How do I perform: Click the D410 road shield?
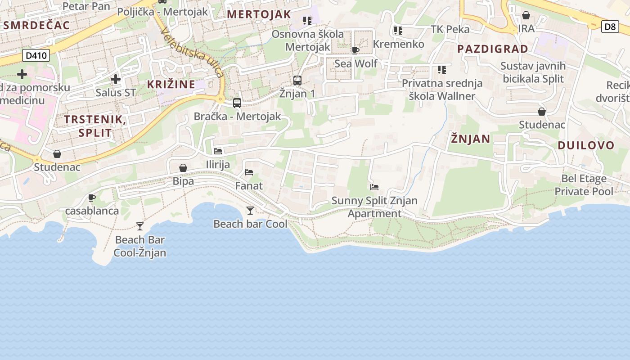click(x=36, y=56)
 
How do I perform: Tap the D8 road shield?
click(x=610, y=27)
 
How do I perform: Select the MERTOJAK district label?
click(x=259, y=14)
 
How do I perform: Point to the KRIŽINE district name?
click(x=171, y=84)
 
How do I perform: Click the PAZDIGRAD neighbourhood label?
click(x=493, y=49)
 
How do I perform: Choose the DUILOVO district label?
click(x=586, y=145)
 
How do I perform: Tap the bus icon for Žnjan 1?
click(x=297, y=81)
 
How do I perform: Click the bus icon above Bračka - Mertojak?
click(x=237, y=103)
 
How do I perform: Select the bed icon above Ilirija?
click(x=218, y=151)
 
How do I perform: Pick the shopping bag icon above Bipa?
click(x=183, y=168)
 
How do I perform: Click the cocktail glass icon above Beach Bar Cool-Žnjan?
click(x=140, y=226)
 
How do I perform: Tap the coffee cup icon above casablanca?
click(x=92, y=198)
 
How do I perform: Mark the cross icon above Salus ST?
click(x=116, y=79)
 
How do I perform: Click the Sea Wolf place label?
click(x=355, y=63)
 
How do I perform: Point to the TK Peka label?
click(x=450, y=30)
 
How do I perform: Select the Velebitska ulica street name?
click(x=192, y=52)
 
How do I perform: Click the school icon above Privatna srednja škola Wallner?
click(x=442, y=70)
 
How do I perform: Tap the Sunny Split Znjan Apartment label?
click(x=374, y=207)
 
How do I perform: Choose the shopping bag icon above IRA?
click(x=526, y=16)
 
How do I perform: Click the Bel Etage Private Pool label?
click(x=584, y=185)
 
